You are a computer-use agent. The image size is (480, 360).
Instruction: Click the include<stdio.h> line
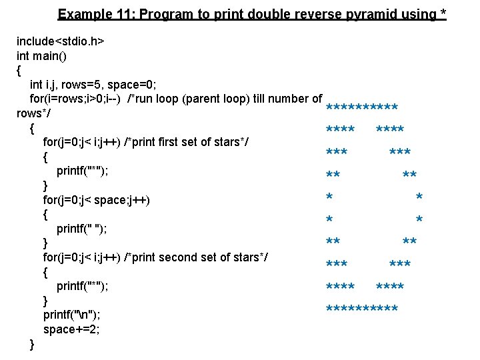pyautogui.click(x=60, y=41)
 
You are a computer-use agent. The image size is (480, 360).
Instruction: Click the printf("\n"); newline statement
pyautogui.click(x=71, y=315)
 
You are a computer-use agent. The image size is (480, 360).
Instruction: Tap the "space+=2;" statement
pyautogui.click(x=71, y=329)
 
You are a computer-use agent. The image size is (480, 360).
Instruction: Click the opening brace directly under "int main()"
pyautogui.click(x=19, y=70)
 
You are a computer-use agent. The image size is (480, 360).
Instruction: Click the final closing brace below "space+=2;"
pyautogui.click(x=33, y=344)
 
